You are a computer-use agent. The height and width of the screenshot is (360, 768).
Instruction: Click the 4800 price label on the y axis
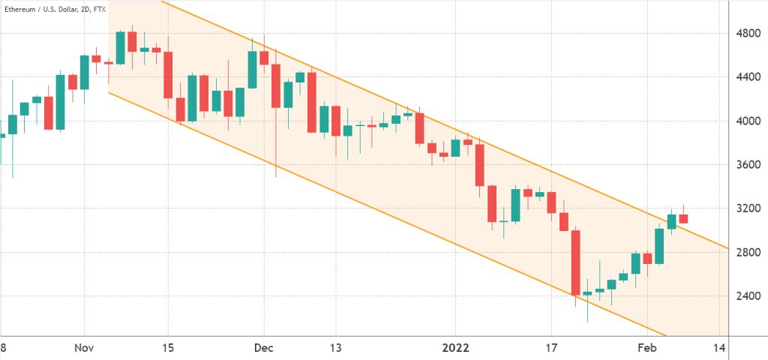pyautogui.click(x=748, y=33)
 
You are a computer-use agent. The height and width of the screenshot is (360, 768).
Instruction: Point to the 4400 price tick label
pyautogui.click(x=748, y=76)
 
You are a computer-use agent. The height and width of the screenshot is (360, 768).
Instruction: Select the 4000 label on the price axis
pyautogui.click(x=748, y=121)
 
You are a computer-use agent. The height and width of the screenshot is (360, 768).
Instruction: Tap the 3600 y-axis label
pyautogui.click(x=748, y=165)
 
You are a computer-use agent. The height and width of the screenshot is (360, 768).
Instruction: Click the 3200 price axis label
pyautogui.click(x=748, y=208)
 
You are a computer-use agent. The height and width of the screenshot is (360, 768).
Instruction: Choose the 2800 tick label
pyautogui.click(x=748, y=252)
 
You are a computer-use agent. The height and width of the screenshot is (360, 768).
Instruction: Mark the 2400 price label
pyautogui.click(x=748, y=296)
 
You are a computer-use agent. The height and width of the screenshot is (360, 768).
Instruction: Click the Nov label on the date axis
pyautogui.click(x=84, y=348)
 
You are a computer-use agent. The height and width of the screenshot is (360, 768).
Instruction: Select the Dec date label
pyautogui.click(x=264, y=348)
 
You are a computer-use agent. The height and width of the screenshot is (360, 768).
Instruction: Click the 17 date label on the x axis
pyautogui.click(x=551, y=348)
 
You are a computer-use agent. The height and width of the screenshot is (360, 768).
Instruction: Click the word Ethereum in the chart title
pyautogui.click(x=23, y=9)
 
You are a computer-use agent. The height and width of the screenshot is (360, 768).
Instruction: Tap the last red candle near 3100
pyautogui.click(x=683, y=219)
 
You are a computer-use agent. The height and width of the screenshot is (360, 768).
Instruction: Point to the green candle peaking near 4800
pyautogui.click(x=120, y=47)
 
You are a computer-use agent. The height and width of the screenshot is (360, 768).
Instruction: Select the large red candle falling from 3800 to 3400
pyautogui.click(x=479, y=165)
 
